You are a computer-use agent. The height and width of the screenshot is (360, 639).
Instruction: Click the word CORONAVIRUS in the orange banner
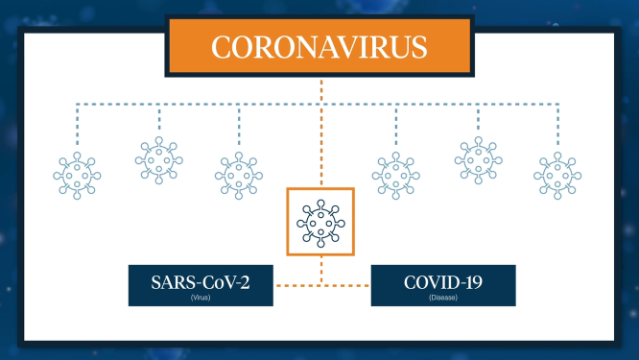tap(320, 47)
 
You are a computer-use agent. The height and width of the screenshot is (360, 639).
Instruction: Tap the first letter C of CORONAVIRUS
tap(221, 47)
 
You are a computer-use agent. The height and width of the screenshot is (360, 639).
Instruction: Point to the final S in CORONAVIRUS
tap(420, 47)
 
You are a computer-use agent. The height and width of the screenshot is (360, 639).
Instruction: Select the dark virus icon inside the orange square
tap(320, 222)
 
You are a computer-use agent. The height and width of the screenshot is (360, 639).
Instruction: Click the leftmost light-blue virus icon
tap(76, 176)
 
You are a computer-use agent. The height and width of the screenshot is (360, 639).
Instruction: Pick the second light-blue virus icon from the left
tap(156, 158)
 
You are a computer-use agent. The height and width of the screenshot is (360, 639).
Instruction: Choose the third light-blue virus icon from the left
tap(237, 176)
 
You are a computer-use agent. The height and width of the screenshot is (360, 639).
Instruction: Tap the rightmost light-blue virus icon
tap(557, 176)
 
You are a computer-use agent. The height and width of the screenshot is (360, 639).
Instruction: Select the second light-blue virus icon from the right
tap(477, 158)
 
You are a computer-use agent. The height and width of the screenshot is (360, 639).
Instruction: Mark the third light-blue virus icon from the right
tap(396, 176)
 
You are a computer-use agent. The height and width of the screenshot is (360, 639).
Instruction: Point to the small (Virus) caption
tap(201, 299)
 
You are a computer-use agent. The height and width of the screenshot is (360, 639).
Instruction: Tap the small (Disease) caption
tap(442, 299)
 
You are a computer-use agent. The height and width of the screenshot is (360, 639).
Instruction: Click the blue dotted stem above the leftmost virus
tap(76, 125)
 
